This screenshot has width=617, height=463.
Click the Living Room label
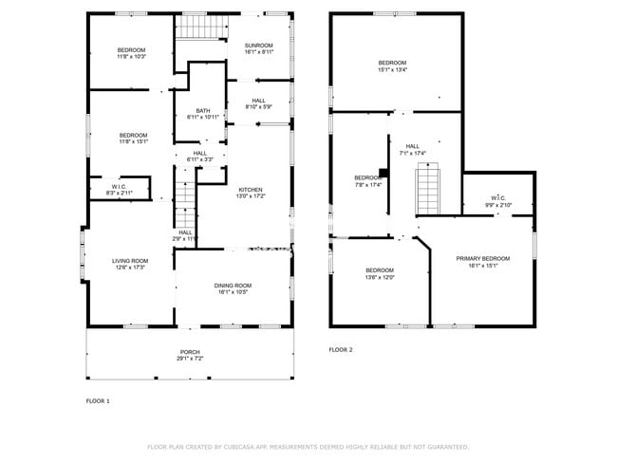pyautogui.click(x=131, y=264)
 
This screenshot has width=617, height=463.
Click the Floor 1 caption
pyautogui.click(x=98, y=401)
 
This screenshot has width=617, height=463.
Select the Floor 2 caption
pyautogui.click(x=341, y=350)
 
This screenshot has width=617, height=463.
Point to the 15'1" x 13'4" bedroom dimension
pyautogui.click(x=392, y=69)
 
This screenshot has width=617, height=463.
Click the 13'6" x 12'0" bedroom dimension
pyautogui.click(x=380, y=277)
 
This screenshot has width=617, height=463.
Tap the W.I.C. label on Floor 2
pyautogui.click(x=498, y=201)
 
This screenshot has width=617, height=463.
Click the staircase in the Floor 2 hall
pyautogui.click(x=429, y=190)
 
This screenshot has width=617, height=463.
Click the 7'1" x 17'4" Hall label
pyautogui.click(x=413, y=150)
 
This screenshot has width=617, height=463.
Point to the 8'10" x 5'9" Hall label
pyautogui.click(x=258, y=103)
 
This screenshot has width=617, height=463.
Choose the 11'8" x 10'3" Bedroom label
pyautogui.click(x=131, y=53)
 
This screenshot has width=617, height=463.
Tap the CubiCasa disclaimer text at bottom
pyautogui.click(x=308, y=446)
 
